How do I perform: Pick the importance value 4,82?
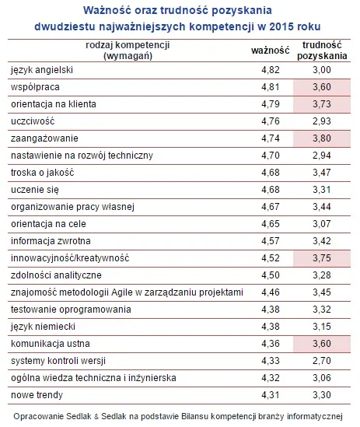coord(267,70)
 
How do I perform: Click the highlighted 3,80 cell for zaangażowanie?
coord(320,138)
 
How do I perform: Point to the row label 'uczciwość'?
coord(33,121)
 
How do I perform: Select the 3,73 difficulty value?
coord(320,104)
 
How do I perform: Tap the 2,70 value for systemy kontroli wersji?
coord(320,361)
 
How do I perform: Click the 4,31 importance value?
coord(267,395)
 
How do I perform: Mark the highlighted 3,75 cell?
coord(320,258)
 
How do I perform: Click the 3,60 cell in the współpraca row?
coord(320,87)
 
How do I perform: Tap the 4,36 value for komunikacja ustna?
coord(267,344)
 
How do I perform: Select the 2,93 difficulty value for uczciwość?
coord(320,121)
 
